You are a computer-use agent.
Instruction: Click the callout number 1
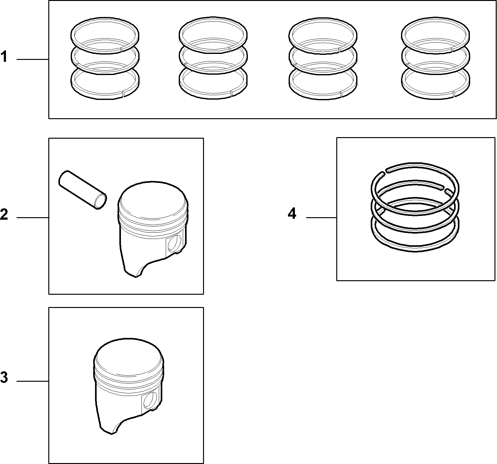click(x=4, y=57)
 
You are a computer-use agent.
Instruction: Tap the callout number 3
click(x=4, y=378)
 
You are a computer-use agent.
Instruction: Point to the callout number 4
click(x=292, y=214)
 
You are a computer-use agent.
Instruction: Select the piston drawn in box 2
click(x=153, y=229)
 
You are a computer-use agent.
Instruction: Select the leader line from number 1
click(x=33, y=59)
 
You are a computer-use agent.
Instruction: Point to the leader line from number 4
click(x=321, y=217)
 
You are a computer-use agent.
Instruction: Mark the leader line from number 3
click(x=33, y=381)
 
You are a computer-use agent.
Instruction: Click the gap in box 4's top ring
click(x=385, y=171)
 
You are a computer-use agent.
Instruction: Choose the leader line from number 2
click(x=33, y=217)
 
